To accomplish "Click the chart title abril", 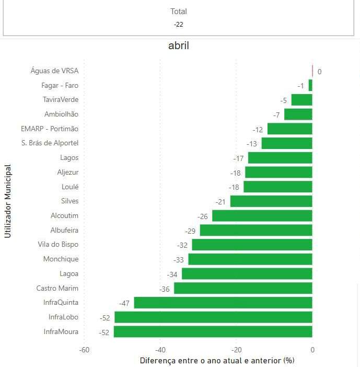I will click(x=179, y=46).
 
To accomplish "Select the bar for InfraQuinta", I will click(x=223, y=303).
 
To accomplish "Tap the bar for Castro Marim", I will click(x=243, y=288).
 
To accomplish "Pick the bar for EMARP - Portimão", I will click(x=289, y=129).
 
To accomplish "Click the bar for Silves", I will click(x=271, y=201).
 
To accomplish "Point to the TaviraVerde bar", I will click(x=301, y=100).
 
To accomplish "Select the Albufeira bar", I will click(x=256, y=230).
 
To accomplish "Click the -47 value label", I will click(x=124, y=303).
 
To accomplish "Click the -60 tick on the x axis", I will click(x=84, y=350).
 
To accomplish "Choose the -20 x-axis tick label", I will click(x=236, y=350).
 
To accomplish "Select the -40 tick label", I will click(x=160, y=350).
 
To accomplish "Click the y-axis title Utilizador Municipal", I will click(x=8, y=201).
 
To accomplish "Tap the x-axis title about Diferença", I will click(x=217, y=360).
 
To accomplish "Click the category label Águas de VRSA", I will click(x=54, y=71).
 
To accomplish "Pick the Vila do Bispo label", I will click(x=58, y=245).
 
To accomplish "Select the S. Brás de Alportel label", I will click(x=50, y=143).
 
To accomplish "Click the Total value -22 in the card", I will click(x=179, y=24).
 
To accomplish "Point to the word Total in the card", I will click(x=179, y=12).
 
